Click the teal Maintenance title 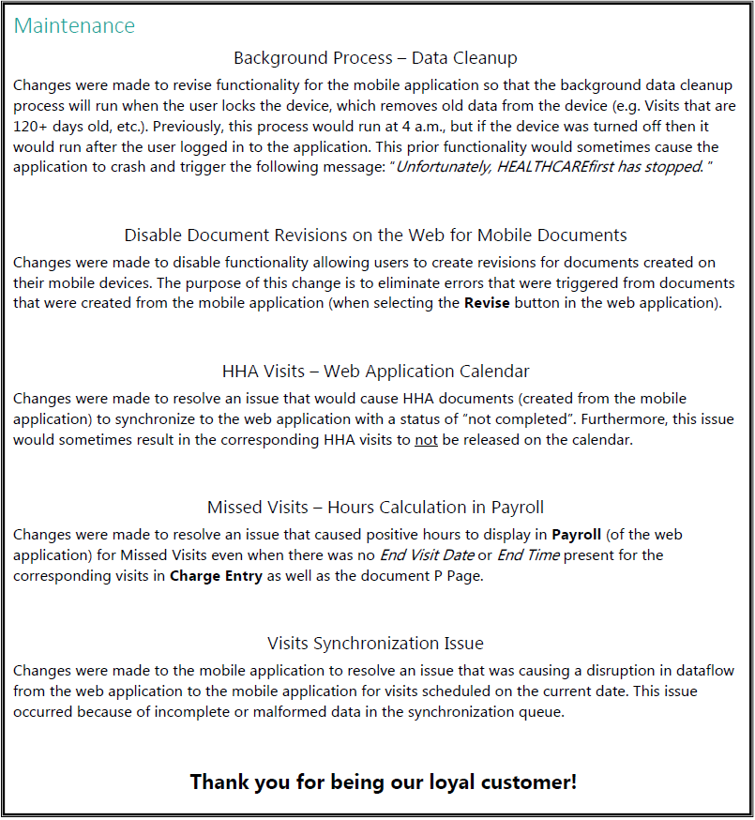pos(74,25)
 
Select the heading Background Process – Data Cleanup pos(375,58)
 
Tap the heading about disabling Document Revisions pos(375,235)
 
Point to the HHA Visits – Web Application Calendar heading pos(375,371)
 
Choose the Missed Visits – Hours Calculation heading pos(375,508)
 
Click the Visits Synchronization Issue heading pos(375,644)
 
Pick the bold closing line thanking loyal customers pos(383,782)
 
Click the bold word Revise pos(488,303)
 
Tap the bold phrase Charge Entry pos(216,576)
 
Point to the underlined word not pos(426,440)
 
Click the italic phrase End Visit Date pos(427,555)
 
